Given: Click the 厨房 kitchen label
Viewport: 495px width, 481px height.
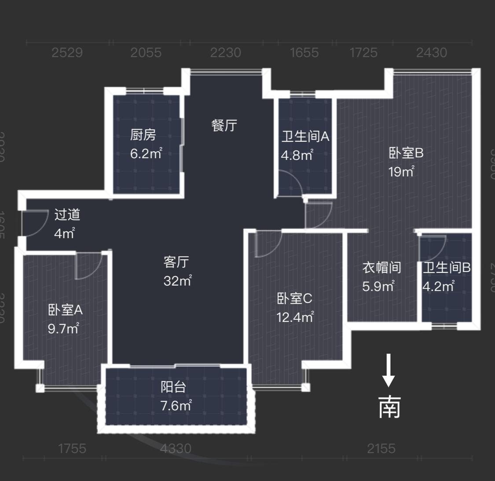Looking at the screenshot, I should pos(143,135).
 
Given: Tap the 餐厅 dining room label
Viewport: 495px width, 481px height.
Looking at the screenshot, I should pos(224,125).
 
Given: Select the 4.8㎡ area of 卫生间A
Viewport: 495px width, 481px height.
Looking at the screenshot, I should pos(297,155).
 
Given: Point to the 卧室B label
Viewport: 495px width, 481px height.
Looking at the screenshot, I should pos(406,153).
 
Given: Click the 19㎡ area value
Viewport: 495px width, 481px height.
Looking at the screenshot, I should pos(401,171).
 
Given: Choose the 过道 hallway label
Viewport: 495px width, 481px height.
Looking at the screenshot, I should pos(67,215).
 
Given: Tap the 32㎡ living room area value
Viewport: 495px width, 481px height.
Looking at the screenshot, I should pos(177,280).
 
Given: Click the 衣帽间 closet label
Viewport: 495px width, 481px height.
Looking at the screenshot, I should pos(381,267).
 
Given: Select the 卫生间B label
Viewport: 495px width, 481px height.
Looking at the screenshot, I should pos(447,267).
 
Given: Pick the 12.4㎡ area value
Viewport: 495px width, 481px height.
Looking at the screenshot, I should pos(295,317).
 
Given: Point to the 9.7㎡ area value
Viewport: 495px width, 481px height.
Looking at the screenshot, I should pos(63,328).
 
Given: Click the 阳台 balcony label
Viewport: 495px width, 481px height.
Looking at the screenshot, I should pos(173,387).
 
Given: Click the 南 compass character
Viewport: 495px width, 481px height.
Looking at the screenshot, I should pos(389,407).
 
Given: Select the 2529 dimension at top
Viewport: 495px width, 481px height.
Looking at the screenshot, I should pos(67,53).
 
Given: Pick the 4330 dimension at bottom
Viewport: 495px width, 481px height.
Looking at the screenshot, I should pos(176,448).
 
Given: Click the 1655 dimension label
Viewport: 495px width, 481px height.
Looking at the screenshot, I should pos(304,53).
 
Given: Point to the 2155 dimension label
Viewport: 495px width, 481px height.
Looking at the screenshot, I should pos(381,448).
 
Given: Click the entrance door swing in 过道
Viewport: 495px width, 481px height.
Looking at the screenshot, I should pos(34,224).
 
